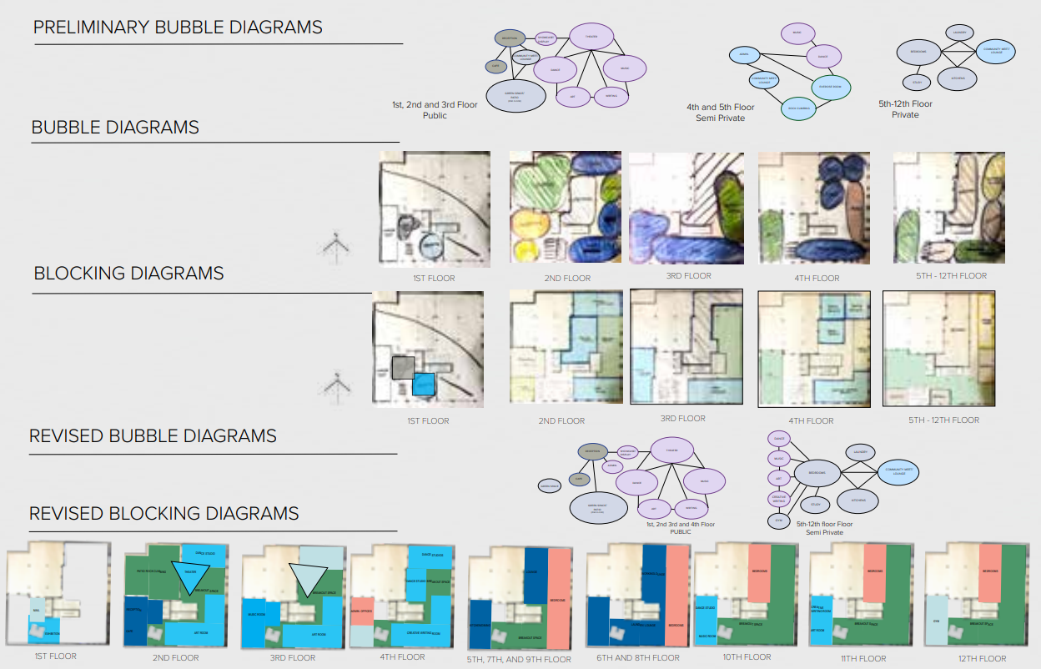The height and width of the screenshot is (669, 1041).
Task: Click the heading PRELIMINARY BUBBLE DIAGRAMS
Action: click(178, 28)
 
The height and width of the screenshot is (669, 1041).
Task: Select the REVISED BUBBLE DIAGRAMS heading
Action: click(153, 436)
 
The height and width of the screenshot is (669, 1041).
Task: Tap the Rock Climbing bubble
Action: click(797, 108)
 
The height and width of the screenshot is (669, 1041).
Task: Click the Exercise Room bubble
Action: click(830, 87)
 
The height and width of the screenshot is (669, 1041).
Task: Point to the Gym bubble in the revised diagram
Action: click(778, 521)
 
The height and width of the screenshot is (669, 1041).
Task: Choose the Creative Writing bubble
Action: click(778, 499)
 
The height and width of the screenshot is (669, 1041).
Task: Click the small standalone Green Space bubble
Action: click(549, 485)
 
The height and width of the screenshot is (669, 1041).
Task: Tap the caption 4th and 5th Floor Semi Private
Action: click(720, 113)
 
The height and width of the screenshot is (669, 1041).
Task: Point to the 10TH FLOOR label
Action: click(746, 657)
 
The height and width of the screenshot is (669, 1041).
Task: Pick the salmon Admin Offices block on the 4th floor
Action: click(361, 611)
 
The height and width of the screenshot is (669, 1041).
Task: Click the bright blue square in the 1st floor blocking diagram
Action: click(424, 384)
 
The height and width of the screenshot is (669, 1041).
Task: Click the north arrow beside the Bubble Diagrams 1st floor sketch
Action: click(335, 245)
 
